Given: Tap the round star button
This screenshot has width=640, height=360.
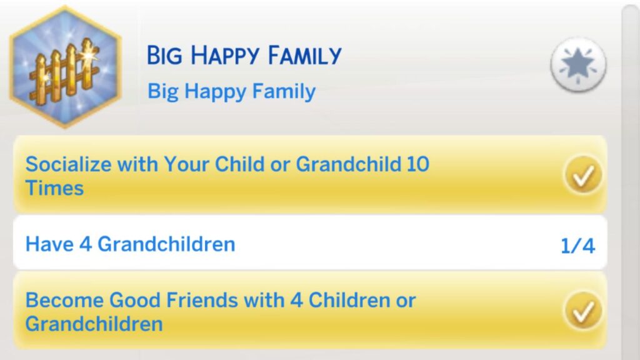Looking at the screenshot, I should (x=578, y=65).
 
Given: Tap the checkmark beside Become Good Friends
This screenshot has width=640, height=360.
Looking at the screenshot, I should (x=583, y=311).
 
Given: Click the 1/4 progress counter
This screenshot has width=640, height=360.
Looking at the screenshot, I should (x=577, y=246).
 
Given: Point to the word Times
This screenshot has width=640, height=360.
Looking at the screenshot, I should (x=55, y=188).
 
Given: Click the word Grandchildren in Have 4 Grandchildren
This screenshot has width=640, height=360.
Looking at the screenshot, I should (x=166, y=244).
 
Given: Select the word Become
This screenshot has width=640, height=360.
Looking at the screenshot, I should (x=64, y=301).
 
